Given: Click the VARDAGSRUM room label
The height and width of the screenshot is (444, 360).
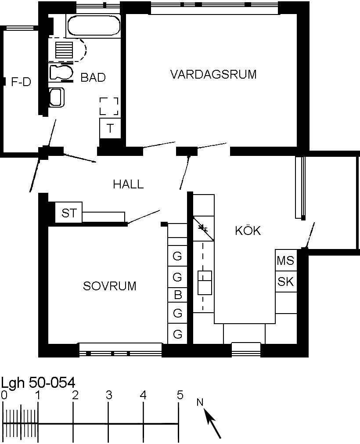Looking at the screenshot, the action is click(x=213, y=74).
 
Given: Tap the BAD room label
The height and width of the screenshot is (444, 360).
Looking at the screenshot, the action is click(x=93, y=77).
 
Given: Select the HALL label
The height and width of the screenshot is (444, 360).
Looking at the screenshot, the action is click(x=128, y=184).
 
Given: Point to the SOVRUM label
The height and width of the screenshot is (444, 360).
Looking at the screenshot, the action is click(x=109, y=286).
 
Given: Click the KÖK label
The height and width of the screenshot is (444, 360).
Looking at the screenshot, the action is click(x=248, y=231).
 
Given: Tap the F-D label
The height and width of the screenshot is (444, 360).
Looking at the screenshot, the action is click(x=21, y=82).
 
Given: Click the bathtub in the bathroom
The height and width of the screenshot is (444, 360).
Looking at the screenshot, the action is click(x=94, y=26).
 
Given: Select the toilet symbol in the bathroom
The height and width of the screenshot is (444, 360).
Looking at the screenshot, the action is click(x=61, y=72).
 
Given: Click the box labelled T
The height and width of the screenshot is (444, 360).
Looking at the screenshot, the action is click(x=110, y=128).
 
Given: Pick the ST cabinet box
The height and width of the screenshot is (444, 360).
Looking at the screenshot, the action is click(x=69, y=213).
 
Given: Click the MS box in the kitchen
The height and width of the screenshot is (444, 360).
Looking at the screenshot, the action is click(x=286, y=260).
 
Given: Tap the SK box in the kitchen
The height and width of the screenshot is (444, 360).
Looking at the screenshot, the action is click(x=286, y=282).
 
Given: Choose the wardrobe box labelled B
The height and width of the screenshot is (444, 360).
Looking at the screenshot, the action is click(x=177, y=295).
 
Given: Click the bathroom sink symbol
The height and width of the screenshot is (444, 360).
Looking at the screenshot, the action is click(x=57, y=97).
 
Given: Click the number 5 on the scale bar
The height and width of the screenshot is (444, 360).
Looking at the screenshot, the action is click(x=180, y=395).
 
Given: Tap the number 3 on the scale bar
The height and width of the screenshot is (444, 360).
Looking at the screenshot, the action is click(x=109, y=395).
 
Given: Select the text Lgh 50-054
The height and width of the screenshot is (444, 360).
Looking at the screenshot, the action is click(x=39, y=383).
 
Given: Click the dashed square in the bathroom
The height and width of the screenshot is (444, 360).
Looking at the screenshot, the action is click(x=109, y=106).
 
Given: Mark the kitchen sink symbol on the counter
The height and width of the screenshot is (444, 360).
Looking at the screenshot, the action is click(x=205, y=283).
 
